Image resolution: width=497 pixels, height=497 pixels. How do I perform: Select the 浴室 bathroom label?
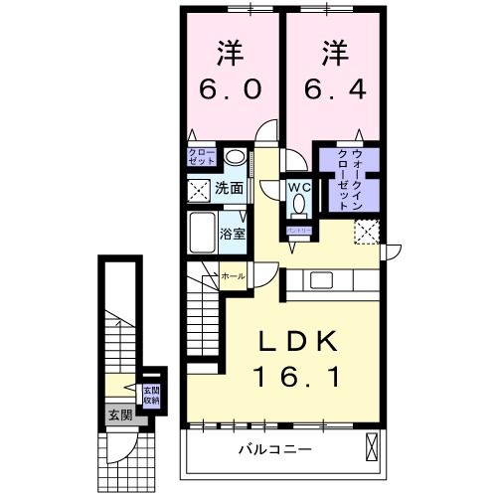(x=235, y=235)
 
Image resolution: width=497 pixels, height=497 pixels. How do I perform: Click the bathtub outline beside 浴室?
(x=206, y=234)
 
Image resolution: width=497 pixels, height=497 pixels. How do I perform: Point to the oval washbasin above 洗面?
(x=234, y=156)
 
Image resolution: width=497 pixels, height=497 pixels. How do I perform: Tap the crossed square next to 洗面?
(x=199, y=189)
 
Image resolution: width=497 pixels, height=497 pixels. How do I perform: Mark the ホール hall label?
(x=233, y=275)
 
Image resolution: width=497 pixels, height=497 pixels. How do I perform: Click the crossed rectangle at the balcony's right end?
(x=372, y=449)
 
